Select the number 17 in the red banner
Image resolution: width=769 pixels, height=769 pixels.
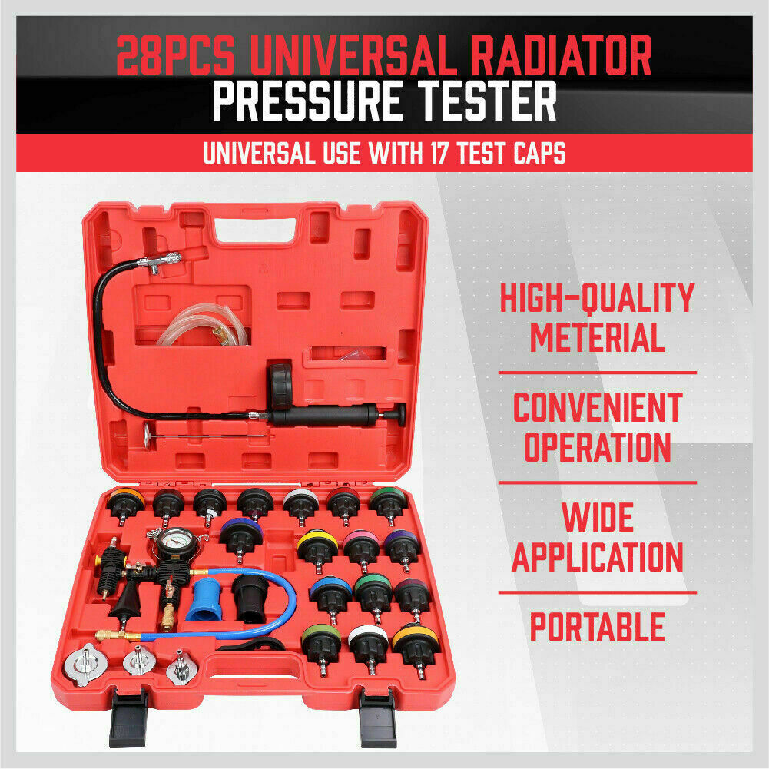439,153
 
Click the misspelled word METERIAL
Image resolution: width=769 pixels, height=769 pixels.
598,337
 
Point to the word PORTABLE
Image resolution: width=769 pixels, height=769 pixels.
598,627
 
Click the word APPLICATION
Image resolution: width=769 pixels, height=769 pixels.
598,557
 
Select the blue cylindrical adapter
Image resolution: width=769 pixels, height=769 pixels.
204,598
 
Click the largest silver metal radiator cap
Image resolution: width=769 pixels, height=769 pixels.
85,664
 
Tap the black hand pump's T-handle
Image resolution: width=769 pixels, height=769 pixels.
401,415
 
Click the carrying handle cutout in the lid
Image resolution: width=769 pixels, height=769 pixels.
256,230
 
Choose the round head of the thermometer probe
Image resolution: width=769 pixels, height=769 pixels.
147,435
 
